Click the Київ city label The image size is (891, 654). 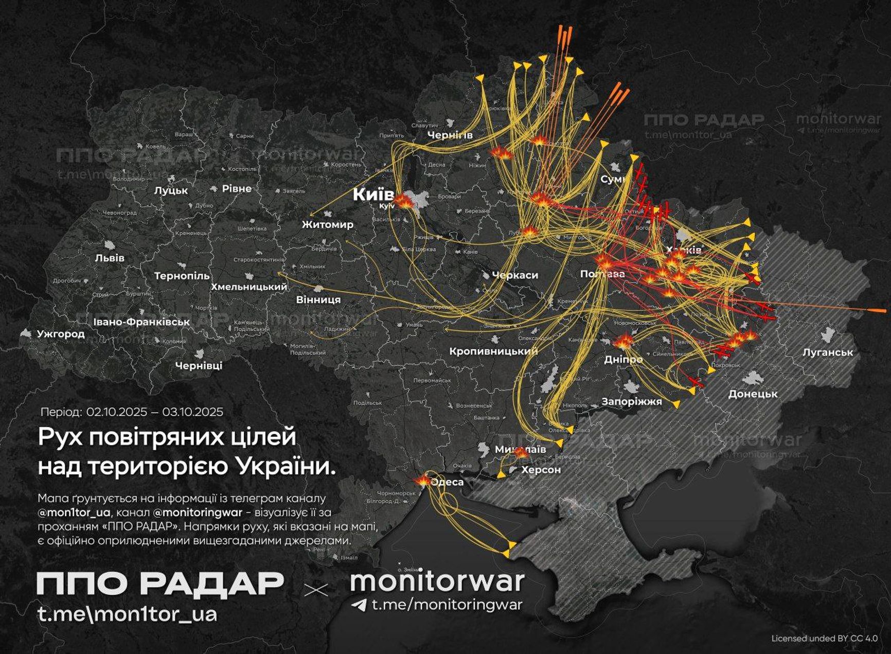point(373,195)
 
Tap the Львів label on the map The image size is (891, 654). point(110,258)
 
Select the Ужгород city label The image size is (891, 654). point(61,333)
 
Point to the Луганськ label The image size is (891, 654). point(828,352)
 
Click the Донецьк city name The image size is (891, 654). point(753,394)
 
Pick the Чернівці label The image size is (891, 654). point(199,365)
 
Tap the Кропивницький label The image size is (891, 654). point(493,351)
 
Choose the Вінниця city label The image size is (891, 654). point(318,299)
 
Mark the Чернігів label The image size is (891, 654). point(450,135)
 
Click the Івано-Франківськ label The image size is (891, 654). point(141,322)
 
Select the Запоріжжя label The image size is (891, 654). point(631,401)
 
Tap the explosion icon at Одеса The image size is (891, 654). point(423,480)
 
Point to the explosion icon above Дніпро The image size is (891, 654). point(623,341)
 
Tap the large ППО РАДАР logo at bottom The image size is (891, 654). point(160,583)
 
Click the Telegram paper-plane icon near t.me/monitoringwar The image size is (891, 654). point(359,605)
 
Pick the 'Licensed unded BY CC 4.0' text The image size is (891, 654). point(824,638)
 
